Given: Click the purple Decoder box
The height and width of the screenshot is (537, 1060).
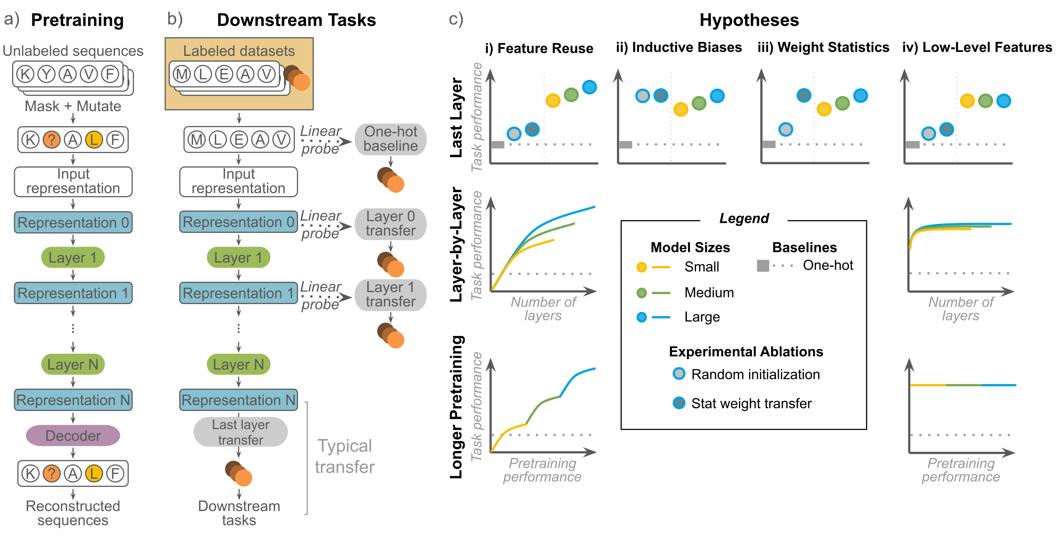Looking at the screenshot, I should [x=73, y=435].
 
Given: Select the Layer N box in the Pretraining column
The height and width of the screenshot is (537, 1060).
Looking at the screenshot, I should [x=73, y=364].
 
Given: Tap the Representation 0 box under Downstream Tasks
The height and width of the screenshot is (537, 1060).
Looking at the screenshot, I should [x=238, y=222].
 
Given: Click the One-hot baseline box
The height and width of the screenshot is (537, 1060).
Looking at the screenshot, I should [x=390, y=139].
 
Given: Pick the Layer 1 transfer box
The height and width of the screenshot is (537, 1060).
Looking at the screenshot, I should [x=390, y=295].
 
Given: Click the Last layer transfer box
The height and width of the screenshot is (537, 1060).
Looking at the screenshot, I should [x=241, y=432].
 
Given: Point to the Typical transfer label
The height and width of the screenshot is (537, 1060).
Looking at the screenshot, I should [x=344, y=456].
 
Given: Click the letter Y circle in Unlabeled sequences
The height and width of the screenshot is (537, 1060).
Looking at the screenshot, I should [x=46, y=74].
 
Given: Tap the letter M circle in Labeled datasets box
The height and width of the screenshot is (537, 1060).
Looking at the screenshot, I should [x=181, y=74].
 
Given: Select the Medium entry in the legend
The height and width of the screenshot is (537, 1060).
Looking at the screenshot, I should [x=708, y=292].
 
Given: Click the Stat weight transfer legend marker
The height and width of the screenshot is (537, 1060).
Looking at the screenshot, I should [x=679, y=403].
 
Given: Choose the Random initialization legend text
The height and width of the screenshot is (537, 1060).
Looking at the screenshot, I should [x=755, y=374].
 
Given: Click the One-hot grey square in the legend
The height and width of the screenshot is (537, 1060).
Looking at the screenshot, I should [x=763, y=266].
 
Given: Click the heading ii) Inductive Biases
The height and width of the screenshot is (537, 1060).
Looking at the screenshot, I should [x=679, y=47].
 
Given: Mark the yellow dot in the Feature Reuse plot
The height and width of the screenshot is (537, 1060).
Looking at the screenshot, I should [x=553, y=100].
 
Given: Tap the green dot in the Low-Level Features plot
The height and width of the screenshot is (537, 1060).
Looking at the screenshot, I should [x=985, y=101].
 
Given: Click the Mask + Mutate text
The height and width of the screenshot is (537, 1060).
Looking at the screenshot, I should [x=73, y=106].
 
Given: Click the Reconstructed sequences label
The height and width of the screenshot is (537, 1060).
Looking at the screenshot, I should [x=73, y=513].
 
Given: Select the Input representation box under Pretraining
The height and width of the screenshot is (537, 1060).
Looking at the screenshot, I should [x=73, y=181].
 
